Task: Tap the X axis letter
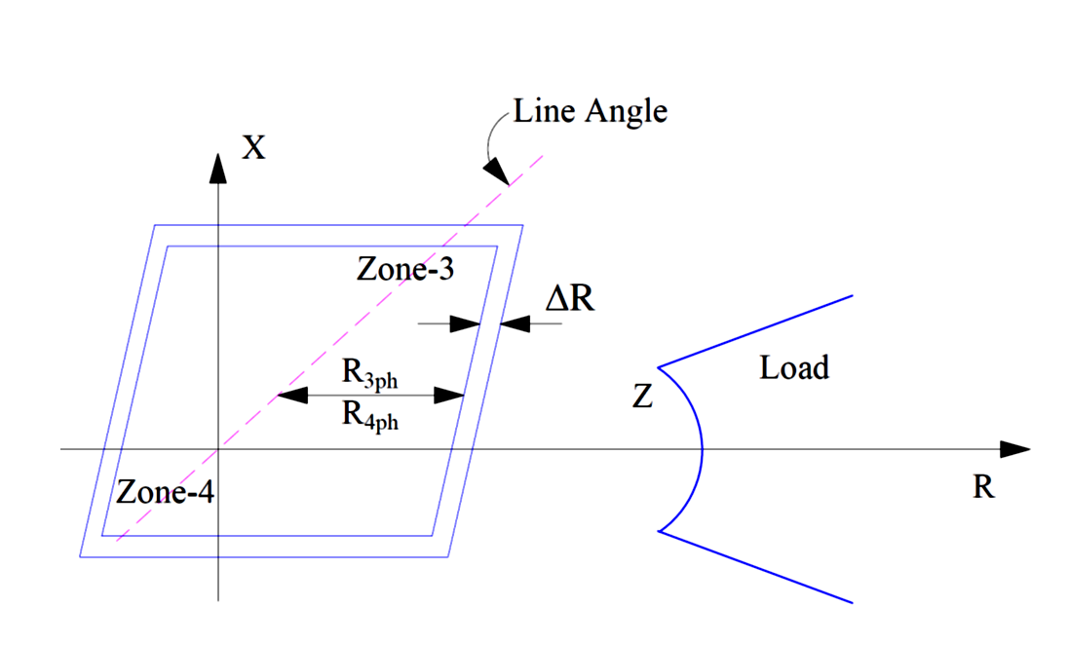253,148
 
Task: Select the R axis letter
983,488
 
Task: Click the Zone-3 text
404,270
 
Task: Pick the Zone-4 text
165,492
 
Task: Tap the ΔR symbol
569,299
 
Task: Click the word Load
793,368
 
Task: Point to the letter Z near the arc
642,398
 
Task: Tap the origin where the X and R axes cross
218,449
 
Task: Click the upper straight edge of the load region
755,331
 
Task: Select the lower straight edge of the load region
755,566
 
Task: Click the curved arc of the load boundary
701,449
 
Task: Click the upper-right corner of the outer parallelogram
523,226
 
